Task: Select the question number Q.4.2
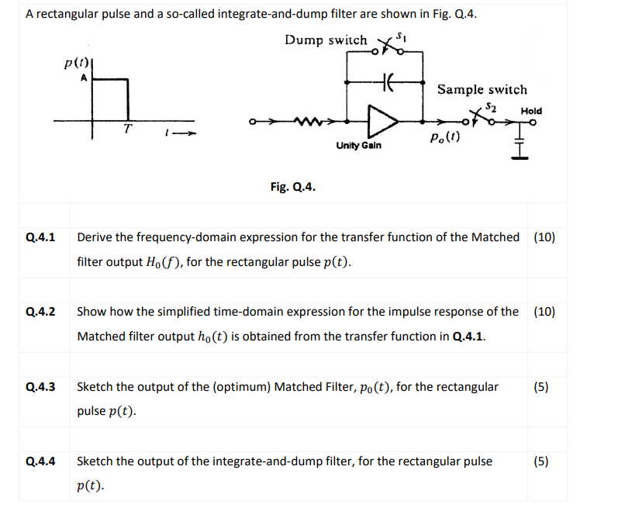click(x=40, y=313)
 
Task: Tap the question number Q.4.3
click(x=40, y=387)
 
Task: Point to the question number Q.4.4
click(x=40, y=461)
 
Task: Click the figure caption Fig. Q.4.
click(x=292, y=186)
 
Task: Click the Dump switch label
click(x=326, y=40)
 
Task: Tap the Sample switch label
click(x=482, y=90)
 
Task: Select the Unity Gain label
click(x=358, y=146)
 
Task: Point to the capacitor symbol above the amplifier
click(x=388, y=79)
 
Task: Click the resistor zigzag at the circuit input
click(x=311, y=121)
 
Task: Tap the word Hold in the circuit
click(x=531, y=111)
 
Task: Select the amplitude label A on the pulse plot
click(x=83, y=78)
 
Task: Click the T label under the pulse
click(x=126, y=131)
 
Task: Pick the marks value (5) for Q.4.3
click(x=542, y=387)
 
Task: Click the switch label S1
click(x=400, y=36)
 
